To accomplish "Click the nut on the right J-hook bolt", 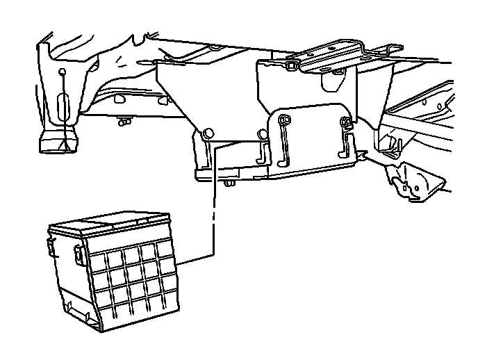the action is (345, 124).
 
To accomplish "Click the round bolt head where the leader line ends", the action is (208, 132).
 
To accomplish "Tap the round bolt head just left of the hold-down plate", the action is (261, 133).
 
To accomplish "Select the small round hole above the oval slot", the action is (63, 73).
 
